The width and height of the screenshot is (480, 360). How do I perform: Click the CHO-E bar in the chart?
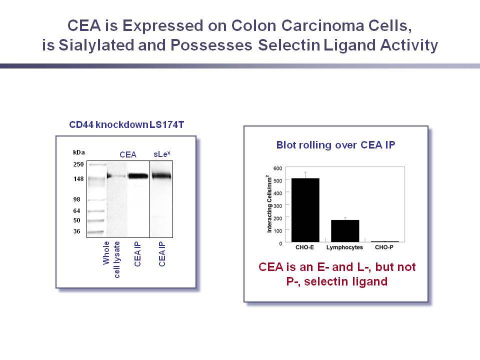(305, 210)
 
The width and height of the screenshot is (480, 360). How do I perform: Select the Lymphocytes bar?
(345, 231)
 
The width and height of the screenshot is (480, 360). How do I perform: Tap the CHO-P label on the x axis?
(384, 247)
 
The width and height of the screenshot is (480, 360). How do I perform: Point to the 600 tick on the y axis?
(277, 168)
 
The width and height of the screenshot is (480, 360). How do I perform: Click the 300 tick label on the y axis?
(277, 205)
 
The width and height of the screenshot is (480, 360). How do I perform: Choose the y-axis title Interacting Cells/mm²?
(269, 204)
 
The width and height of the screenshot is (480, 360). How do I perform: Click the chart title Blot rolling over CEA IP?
(335, 145)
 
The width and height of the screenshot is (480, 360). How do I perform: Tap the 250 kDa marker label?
(78, 164)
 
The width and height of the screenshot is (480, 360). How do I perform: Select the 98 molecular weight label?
(76, 199)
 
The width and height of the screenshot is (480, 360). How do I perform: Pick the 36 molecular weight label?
(76, 231)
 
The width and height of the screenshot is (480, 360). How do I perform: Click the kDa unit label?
(78, 152)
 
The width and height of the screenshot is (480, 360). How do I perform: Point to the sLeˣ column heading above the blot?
(161, 154)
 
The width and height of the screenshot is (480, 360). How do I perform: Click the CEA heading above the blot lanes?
(128, 154)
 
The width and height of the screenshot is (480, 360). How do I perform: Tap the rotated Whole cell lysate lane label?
(111, 259)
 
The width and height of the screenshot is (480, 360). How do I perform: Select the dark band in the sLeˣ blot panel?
(161, 175)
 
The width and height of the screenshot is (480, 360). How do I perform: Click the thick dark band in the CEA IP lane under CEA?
(138, 176)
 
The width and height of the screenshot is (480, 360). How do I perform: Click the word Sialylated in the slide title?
(96, 45)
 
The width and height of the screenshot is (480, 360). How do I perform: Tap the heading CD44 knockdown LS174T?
(126, 124)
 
